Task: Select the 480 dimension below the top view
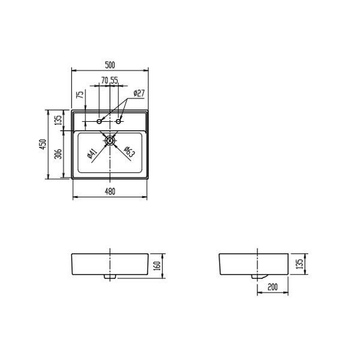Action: tap(110, 191)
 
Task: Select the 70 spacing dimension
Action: tap(104, 80)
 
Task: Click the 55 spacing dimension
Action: tap(114, 80)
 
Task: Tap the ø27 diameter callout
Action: tap(139, 93)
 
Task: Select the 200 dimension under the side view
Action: tap(272, 288)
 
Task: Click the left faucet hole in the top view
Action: tap(100, 123)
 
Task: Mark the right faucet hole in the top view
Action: tap(119, 123)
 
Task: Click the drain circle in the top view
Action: tap(110, 141)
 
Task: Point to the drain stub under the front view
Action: tap(110, 278)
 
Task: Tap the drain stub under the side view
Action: tap(260, 275)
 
